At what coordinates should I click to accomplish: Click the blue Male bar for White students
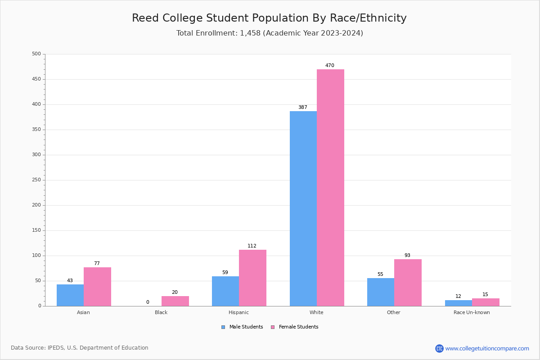(x=303, y=208)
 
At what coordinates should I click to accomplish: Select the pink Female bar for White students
(x=330, y=188)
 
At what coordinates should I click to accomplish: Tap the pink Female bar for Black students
(x=175, y=301)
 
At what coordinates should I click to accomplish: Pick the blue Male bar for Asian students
(x=70, y=295)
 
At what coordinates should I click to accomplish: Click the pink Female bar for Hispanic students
(x=252, y=278)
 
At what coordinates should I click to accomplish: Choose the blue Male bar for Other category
(x=381, y=292)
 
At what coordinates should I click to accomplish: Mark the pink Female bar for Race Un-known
(x=486, y=302)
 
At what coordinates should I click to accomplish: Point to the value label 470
(x=330, y=66)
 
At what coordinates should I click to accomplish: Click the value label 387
(x=303, y=108)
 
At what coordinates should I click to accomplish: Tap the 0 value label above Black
(x=148, y=302)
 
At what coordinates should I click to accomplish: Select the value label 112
(x=252, y=246)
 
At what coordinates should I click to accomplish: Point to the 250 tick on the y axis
(x=36, y=180)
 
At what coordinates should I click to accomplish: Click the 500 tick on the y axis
(x=36, y=54)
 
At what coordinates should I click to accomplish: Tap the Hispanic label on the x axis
(x=238, y=312)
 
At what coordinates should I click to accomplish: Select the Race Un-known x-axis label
(x=472, y=312)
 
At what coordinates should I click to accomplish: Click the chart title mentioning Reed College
(x=269, y=18)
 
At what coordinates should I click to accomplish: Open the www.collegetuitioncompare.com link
(x=487, y=348)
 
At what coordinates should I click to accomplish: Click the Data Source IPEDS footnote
(x=80, y=348)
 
